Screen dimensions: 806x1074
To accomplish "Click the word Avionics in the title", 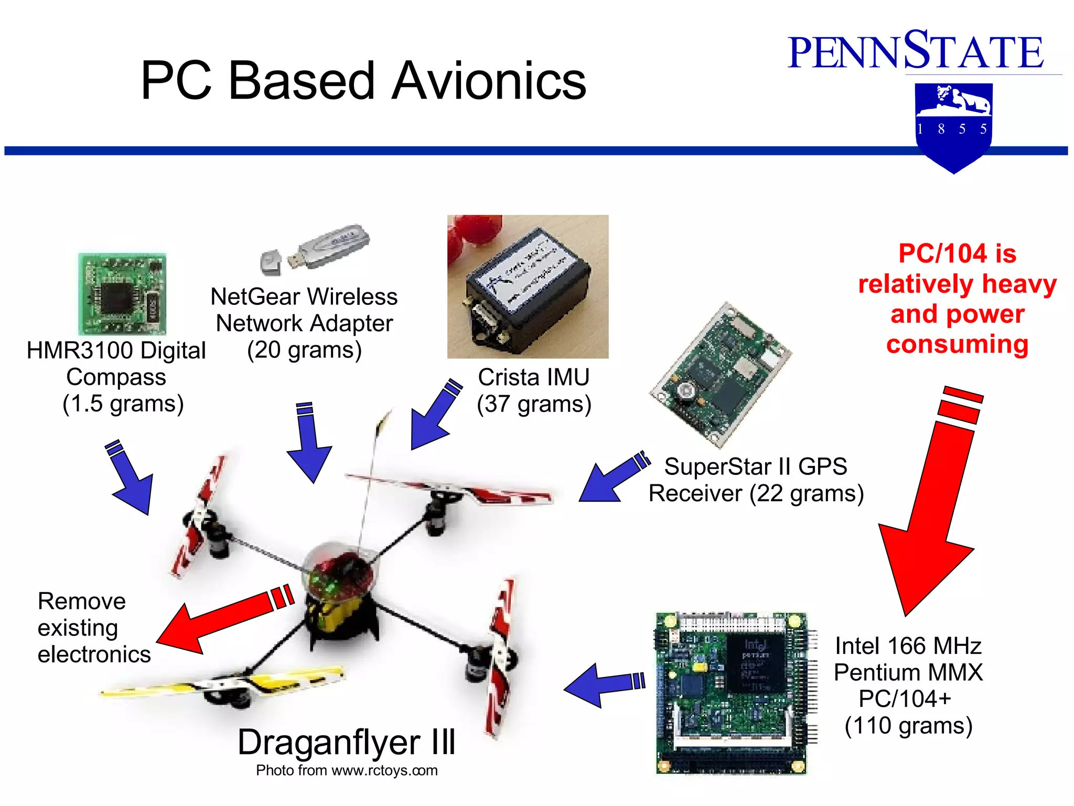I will pos(489,81).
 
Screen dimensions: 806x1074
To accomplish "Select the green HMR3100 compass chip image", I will pos(122,294).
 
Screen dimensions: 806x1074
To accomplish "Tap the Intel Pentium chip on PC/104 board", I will pos(755,664).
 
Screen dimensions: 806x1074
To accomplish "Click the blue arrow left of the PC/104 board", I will pos(603,685).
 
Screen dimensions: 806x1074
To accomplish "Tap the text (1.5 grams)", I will pos(123,404).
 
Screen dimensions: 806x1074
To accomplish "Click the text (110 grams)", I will pos(908,726).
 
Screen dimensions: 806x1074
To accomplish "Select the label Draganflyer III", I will pos(346,743).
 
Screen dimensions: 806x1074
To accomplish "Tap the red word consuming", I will pos(957,344).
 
